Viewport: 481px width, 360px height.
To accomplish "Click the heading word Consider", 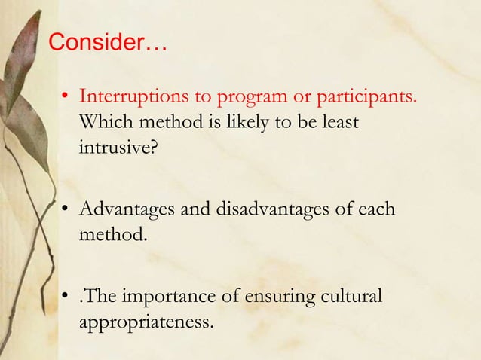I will (98, 43).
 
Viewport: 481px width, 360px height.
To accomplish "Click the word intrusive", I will (117, 145).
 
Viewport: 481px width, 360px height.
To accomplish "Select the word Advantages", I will (127, 209).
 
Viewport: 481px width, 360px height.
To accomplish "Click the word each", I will (372, 209).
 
